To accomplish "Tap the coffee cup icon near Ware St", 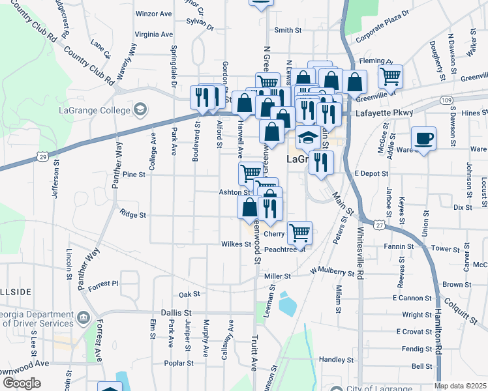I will pos(423,138).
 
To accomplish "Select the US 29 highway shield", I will pos(42,157).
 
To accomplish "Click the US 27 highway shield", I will pos(378,225).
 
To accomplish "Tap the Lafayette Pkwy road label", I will pos(384,113).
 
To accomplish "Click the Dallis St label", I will pos(176,313).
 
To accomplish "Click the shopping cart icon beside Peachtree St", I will pos(299,232).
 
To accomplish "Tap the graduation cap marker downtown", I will pos(308,138).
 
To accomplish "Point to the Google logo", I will pos(21,383).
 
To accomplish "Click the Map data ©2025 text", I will pos(461,386).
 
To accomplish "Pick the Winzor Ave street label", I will pos(153,13).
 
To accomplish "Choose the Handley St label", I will pos(337,359).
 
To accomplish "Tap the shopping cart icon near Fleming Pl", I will pos(390,76).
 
